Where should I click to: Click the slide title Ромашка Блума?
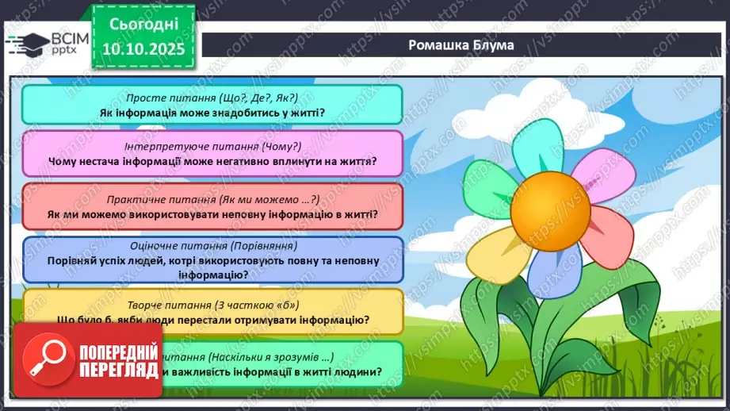(461, 44)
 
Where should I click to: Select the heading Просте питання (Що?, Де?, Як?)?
(212, 98)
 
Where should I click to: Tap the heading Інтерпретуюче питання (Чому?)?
(212, 147)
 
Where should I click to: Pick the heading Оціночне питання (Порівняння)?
(212, 246)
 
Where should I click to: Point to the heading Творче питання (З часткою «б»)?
(212, 305)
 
